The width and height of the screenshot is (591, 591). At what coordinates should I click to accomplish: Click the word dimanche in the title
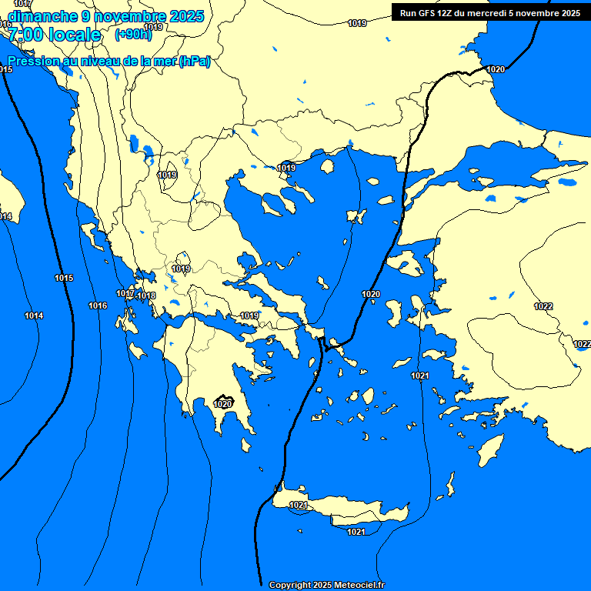42,15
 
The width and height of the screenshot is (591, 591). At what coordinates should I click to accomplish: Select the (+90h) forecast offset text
133,34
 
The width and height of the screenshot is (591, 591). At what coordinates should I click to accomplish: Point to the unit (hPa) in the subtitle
194,62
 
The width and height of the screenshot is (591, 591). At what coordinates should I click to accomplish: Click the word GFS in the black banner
430,13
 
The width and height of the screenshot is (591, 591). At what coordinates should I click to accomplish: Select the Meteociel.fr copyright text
326,585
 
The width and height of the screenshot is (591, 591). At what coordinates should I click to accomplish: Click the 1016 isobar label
98,306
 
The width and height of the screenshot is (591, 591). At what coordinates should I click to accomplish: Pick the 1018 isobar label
147,295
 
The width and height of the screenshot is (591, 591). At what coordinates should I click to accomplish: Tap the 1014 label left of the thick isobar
34,316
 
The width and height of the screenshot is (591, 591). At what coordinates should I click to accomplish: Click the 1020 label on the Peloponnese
223,403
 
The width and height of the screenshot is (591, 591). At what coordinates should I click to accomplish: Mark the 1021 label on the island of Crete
299,505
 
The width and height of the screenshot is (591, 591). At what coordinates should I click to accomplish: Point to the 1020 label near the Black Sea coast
496,69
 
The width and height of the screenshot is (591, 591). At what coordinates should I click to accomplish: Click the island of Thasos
327,166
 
